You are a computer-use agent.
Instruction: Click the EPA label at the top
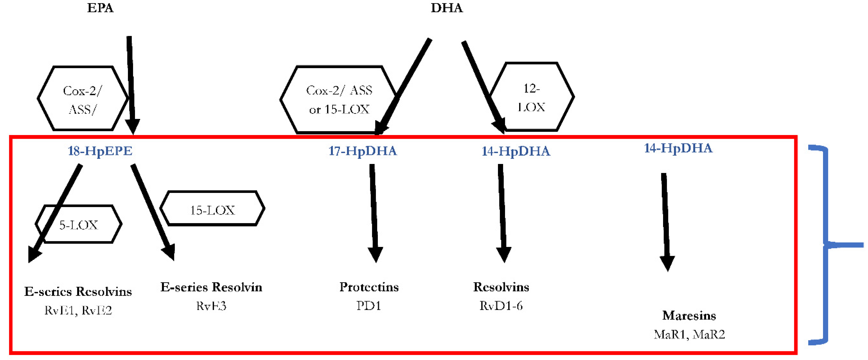point(100,8)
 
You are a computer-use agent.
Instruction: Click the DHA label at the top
point(447,8)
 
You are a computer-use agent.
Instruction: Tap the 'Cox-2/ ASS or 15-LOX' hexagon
point(339,99)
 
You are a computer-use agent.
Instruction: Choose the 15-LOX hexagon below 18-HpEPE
point(212,209)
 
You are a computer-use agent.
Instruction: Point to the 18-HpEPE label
point(100,151)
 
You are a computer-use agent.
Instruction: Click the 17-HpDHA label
point(363,151)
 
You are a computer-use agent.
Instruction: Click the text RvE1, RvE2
point(78,310)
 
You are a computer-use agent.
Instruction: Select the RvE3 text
point(211,306)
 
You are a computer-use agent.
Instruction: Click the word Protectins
point(369,287)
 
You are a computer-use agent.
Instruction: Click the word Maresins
point(689,315)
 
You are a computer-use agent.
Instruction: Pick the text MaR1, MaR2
point(689,334)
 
